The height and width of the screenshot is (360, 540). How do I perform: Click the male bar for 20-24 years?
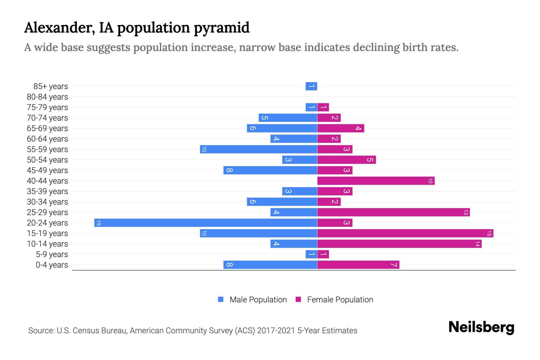(206, 223)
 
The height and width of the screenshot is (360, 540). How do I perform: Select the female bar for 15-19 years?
(405, 233)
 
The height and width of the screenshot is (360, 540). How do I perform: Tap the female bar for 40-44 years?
(376, 181)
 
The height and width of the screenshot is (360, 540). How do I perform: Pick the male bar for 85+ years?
(311, 86)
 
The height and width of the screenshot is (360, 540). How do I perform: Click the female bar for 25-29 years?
(393, 212)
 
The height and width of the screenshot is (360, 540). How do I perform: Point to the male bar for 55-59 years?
(259, 149)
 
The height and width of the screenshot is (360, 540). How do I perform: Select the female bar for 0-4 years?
(358, 265)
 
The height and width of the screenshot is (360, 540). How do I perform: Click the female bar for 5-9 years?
(323, 254)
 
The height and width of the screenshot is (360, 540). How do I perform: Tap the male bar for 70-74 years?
(288, 118)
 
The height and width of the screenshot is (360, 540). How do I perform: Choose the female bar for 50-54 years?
(346, 160)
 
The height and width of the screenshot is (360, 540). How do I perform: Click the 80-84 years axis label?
(47, 97)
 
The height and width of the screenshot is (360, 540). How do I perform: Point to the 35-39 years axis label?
(47, 191)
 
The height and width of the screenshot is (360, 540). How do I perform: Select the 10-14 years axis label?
(47, 244)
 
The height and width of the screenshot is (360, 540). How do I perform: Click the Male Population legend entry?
(258, 300)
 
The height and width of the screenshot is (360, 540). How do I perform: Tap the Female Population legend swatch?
(298, 299)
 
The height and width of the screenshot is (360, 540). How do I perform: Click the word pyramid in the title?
(221, 28)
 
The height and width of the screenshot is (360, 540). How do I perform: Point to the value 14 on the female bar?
(477, 244)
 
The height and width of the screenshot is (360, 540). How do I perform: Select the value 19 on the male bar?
(99, 223)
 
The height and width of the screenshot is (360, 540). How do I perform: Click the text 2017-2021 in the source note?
(276, 331)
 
